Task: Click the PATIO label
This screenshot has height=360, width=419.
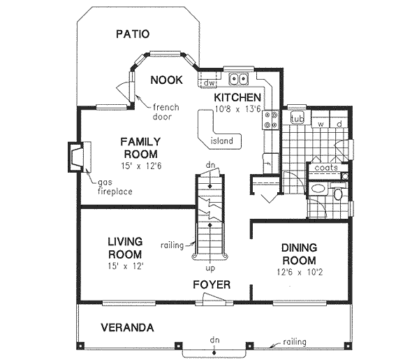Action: tap(133, 34)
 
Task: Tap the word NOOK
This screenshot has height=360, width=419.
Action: tap(166, 80)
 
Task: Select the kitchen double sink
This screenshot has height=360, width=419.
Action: tap(238, 78)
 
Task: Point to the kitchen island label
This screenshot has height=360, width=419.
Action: tap(228, 141)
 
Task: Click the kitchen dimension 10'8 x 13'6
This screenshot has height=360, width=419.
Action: tap(237, 109)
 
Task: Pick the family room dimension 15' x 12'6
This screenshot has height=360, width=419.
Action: tap(140, 166)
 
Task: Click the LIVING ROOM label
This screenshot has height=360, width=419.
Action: tap(126, 248)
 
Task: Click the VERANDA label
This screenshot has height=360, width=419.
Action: tap(126, 327)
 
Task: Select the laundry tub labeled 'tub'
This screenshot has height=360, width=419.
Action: tap(295, 118)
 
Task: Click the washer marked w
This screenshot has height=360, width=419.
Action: tap(320, 124)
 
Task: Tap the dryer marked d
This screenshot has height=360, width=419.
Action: tap(339, 124)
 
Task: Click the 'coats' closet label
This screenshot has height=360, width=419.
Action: tap(325, 168)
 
